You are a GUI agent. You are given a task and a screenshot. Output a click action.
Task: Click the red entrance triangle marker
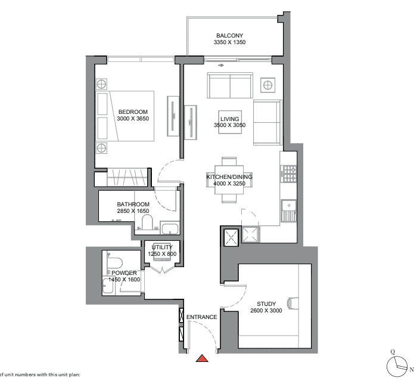coord(202,358)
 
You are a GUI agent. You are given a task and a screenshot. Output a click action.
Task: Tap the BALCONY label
coord(229,35)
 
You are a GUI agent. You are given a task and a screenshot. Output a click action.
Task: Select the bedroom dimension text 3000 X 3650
coord(133,119)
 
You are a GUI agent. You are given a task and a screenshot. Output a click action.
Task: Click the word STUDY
coord(266,304)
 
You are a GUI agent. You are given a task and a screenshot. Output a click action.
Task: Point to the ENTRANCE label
coord(202,317)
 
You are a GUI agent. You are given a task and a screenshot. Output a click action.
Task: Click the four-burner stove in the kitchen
coord(290,174)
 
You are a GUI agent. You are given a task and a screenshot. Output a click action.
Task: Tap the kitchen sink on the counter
coord(289,210)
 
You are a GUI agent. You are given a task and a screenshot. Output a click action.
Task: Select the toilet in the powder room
coord(114,263)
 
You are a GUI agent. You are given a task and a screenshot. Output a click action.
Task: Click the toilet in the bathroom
coord(147,222)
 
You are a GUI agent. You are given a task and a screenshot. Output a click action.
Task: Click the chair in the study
coord(293,304)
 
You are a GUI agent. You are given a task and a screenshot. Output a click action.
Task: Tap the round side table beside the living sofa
coord(268,85)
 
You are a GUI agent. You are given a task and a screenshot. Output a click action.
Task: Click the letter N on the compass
coord(412,370)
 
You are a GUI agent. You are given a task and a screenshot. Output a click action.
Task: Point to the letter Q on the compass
coord(393,352)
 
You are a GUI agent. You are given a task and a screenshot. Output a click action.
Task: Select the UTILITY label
coord(162,247)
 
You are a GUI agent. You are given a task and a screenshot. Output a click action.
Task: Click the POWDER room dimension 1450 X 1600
coord(125,280)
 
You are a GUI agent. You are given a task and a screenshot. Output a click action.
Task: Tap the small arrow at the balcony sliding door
coord(220,65)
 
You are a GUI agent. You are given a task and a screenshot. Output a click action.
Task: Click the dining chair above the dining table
coord(229,161)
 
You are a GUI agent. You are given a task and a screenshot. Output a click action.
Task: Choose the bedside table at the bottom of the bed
coord(101,148)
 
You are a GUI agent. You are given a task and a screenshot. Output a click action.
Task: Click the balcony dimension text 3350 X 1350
coord(229,42)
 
